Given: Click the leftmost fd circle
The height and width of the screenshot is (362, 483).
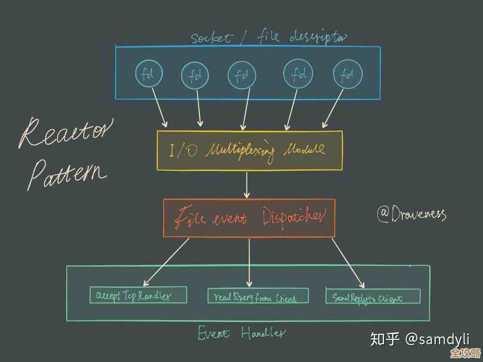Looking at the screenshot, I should click(x=149, y=73).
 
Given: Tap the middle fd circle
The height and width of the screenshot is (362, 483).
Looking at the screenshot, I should click(x=241, y=75).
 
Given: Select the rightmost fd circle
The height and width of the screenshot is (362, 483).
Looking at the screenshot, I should click(x=347, y=74).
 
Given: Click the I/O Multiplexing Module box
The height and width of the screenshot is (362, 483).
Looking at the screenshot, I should click(x=250, y=150).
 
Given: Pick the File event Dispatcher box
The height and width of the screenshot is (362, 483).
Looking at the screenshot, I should click(x=249, y=218).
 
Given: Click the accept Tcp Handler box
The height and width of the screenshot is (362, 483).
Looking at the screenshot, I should click(x=138, y=295).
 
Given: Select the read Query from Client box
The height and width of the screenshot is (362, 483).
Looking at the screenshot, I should click(x=258, y=296).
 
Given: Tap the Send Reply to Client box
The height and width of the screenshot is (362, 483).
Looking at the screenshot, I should click(x=373, y=296).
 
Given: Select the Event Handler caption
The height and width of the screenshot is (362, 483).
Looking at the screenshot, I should click(x=241, y=333).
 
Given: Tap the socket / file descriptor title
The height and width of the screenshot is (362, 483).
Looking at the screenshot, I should click(x=268, y=37).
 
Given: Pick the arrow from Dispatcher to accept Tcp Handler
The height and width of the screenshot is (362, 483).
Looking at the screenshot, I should click(x=166, y=261).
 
